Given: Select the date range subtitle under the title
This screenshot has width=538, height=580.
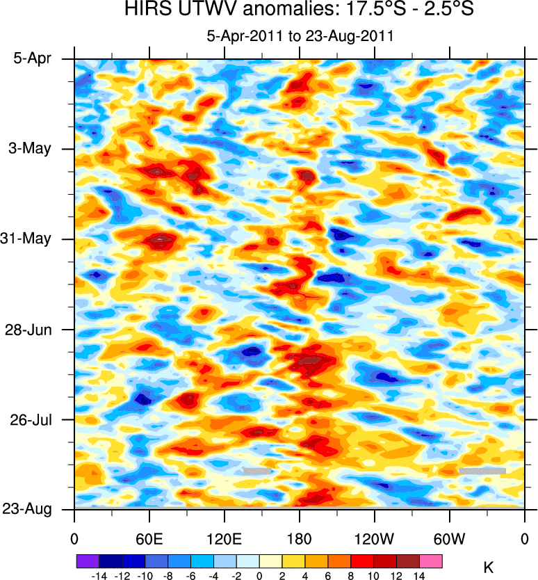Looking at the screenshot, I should (300, 36).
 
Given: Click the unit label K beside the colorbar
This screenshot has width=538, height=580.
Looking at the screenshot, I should (488, 567).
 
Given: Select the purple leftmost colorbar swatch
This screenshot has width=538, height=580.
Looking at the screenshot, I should (87, 561).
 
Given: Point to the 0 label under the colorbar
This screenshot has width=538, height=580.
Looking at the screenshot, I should (259, 575).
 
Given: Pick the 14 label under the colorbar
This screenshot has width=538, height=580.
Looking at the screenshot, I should (419, 575).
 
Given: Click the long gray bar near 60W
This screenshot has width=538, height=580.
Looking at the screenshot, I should (482, 471).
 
